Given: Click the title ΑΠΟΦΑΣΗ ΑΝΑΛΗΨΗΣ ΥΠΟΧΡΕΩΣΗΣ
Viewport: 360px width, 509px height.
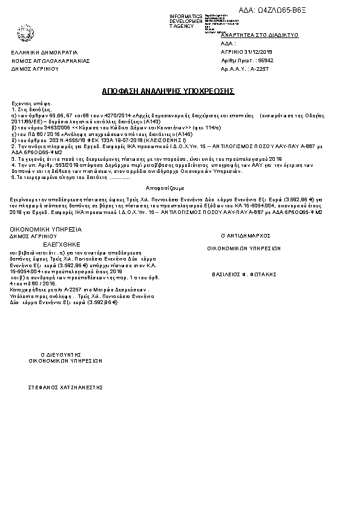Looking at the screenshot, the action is tap(168, 91).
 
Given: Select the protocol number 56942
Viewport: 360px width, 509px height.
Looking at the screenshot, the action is tap(265, 61).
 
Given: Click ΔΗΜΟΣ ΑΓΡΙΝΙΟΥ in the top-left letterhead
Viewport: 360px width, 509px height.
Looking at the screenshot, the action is tap(34, 69).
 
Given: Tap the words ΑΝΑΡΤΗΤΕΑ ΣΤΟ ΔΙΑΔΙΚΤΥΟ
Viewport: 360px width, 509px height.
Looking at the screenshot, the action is tap(260, 36).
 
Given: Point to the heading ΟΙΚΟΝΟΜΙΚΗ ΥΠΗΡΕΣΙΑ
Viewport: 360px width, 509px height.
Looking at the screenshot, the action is tap(46, 230).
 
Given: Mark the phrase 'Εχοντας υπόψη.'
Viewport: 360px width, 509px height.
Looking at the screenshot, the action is tap(28, 104).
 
